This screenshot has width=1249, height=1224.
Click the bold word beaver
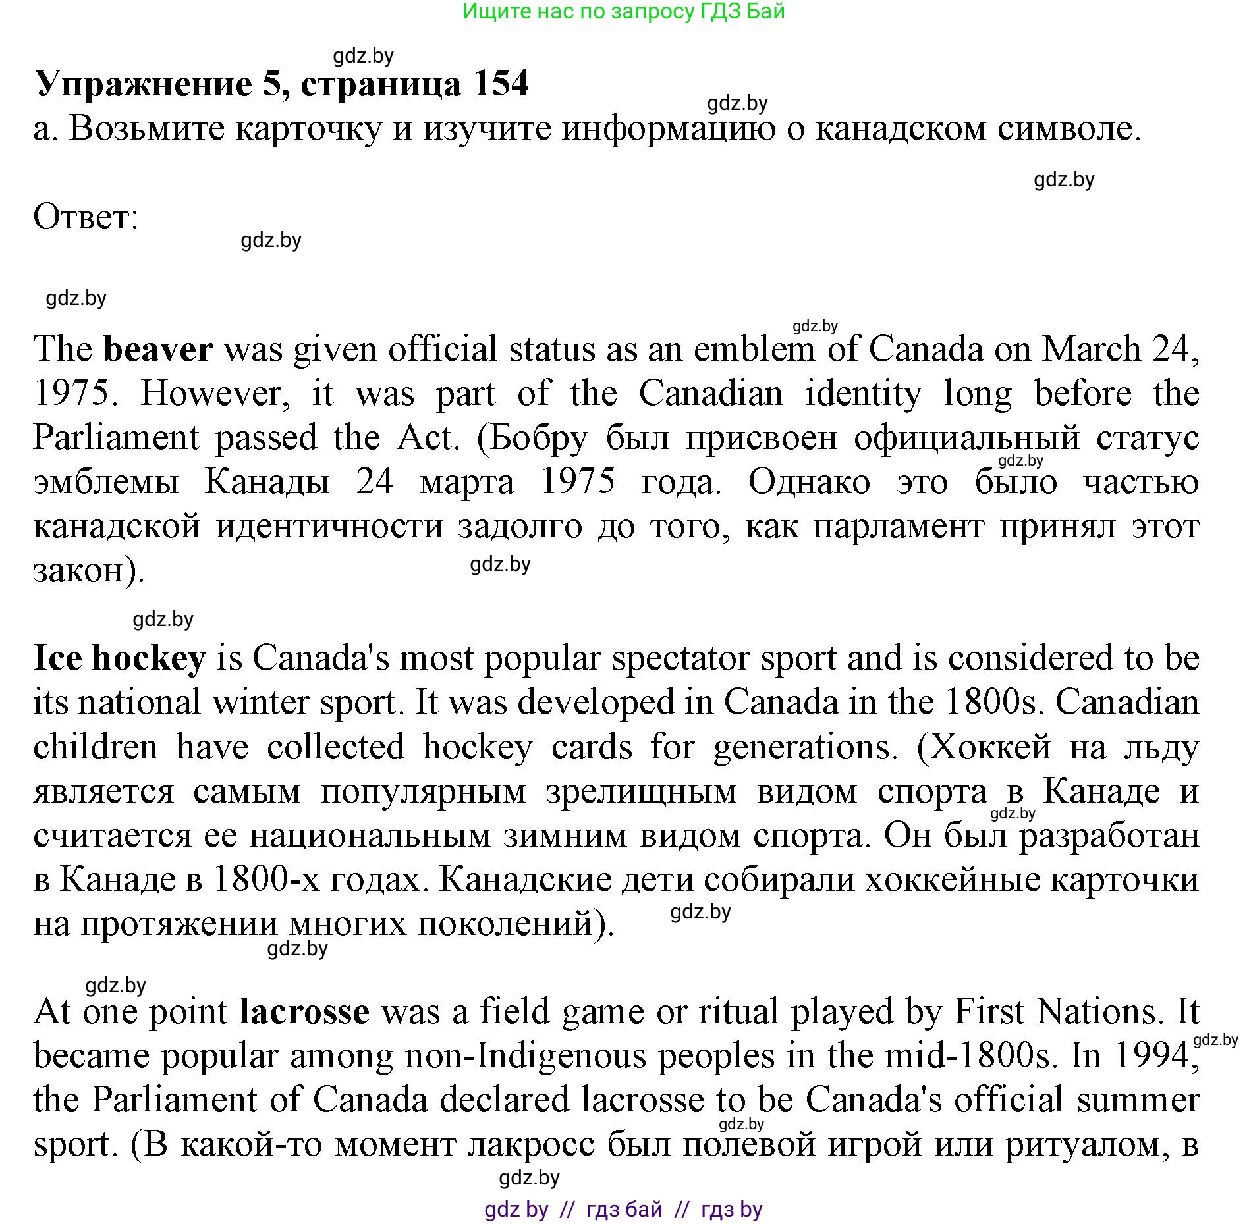point(158,349)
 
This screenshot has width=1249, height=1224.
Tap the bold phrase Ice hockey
point(119,658)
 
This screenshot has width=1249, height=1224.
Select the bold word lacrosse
point(304,1011)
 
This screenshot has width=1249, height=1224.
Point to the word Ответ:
point(86,217)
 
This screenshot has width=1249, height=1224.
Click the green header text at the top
point(623,11)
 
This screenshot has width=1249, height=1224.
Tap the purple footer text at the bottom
point(623,1209)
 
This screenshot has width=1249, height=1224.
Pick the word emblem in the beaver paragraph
point(754,349)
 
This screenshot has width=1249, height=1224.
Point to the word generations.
point(805,747)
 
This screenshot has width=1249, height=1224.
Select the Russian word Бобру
point(538,438)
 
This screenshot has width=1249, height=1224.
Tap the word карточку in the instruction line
point(308,128)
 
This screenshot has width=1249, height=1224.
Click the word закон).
point(89,570)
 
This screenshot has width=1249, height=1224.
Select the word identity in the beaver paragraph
point(864,394)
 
